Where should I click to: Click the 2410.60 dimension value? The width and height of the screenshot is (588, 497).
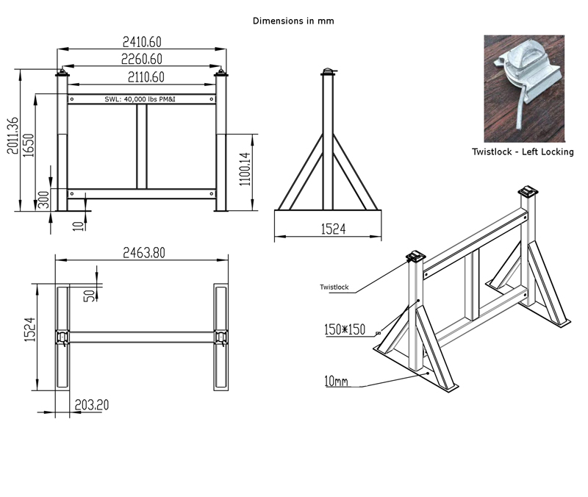pos(142,43)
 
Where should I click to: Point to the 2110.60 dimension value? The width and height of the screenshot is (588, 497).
pos(142,76)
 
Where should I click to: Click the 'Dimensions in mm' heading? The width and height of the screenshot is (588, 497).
pos(293,21)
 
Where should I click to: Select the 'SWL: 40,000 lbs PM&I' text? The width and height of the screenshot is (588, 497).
pos(142,99)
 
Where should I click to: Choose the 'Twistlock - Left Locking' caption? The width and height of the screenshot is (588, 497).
pos(523,152)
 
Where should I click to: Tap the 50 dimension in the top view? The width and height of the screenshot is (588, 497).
pos(89,295)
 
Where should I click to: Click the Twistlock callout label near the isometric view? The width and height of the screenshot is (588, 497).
pos(334,287)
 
